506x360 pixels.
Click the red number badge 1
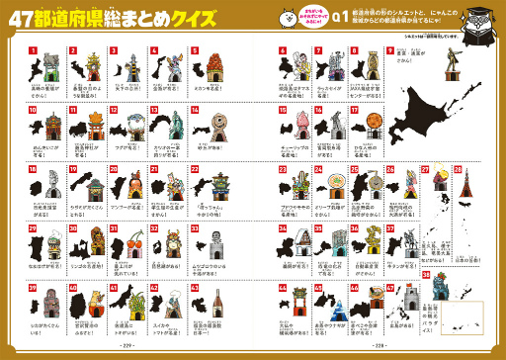[x=33, y=50]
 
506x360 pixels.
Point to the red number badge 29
[x=33, y=229]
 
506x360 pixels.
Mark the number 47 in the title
[x=27, y=19]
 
